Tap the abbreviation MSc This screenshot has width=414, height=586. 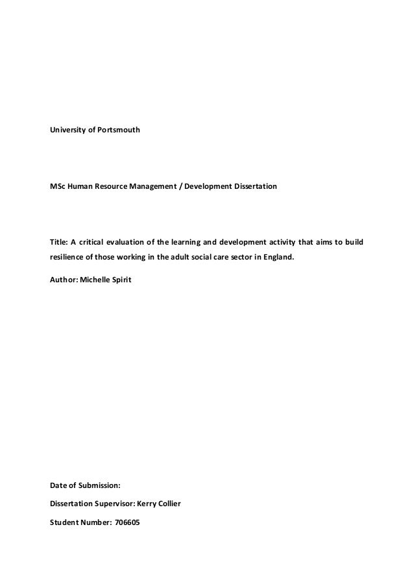click(x=58, y=187)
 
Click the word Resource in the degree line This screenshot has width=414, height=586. click(x=117, y=187)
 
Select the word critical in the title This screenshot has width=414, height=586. click(x=93, y=243)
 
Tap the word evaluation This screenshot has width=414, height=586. click(x=130, y=243)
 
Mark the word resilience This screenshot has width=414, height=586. click(x=67, y=257)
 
